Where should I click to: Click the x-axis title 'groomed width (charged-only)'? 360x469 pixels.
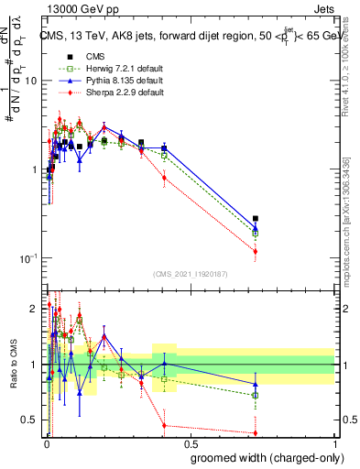coord(263,456)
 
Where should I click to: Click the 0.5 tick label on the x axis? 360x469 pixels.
coord(191,443)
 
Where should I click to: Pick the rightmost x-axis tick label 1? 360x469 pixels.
coord(335,443)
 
